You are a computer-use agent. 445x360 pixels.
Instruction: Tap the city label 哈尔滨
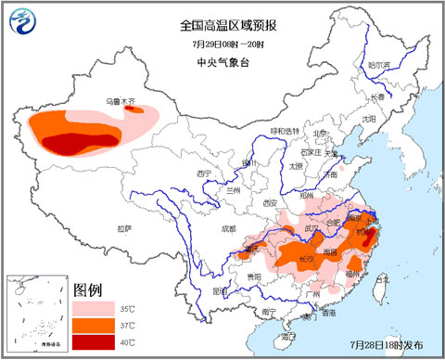click(x=378, y=66)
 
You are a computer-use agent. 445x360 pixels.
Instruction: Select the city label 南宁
click(x=269, y=312)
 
